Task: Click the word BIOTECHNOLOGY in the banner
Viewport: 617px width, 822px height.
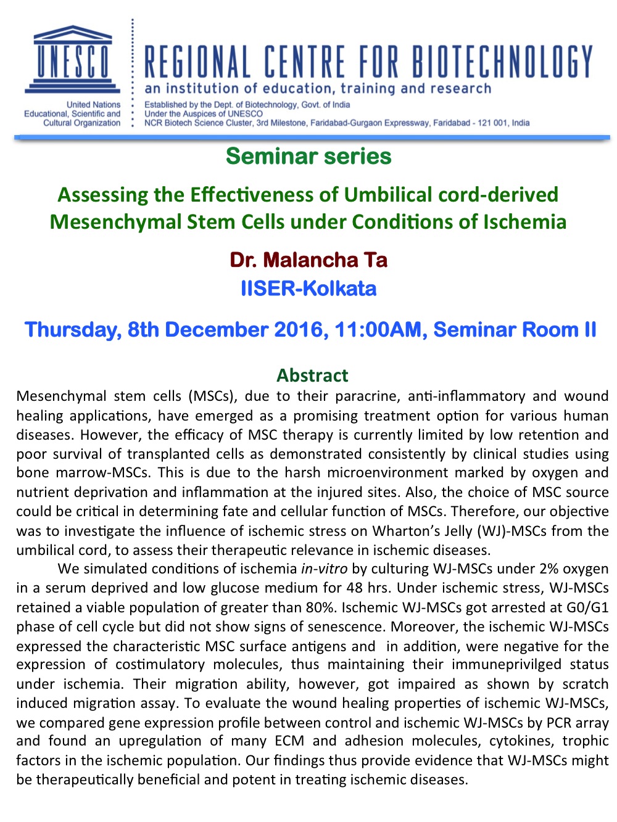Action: tap(502, 61)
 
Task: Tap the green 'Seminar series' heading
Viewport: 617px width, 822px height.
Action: tap(308, 156)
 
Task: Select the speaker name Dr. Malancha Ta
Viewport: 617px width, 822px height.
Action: tap(308, 260)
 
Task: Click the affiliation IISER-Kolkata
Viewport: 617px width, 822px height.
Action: tap(308, 289)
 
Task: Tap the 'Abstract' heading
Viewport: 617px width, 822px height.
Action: tap(312, 376)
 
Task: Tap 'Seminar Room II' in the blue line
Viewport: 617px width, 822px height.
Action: tap(515, 329)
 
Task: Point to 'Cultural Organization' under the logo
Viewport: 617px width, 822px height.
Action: tap(81, 123)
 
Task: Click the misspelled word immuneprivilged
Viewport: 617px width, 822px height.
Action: tap(507, 665)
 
